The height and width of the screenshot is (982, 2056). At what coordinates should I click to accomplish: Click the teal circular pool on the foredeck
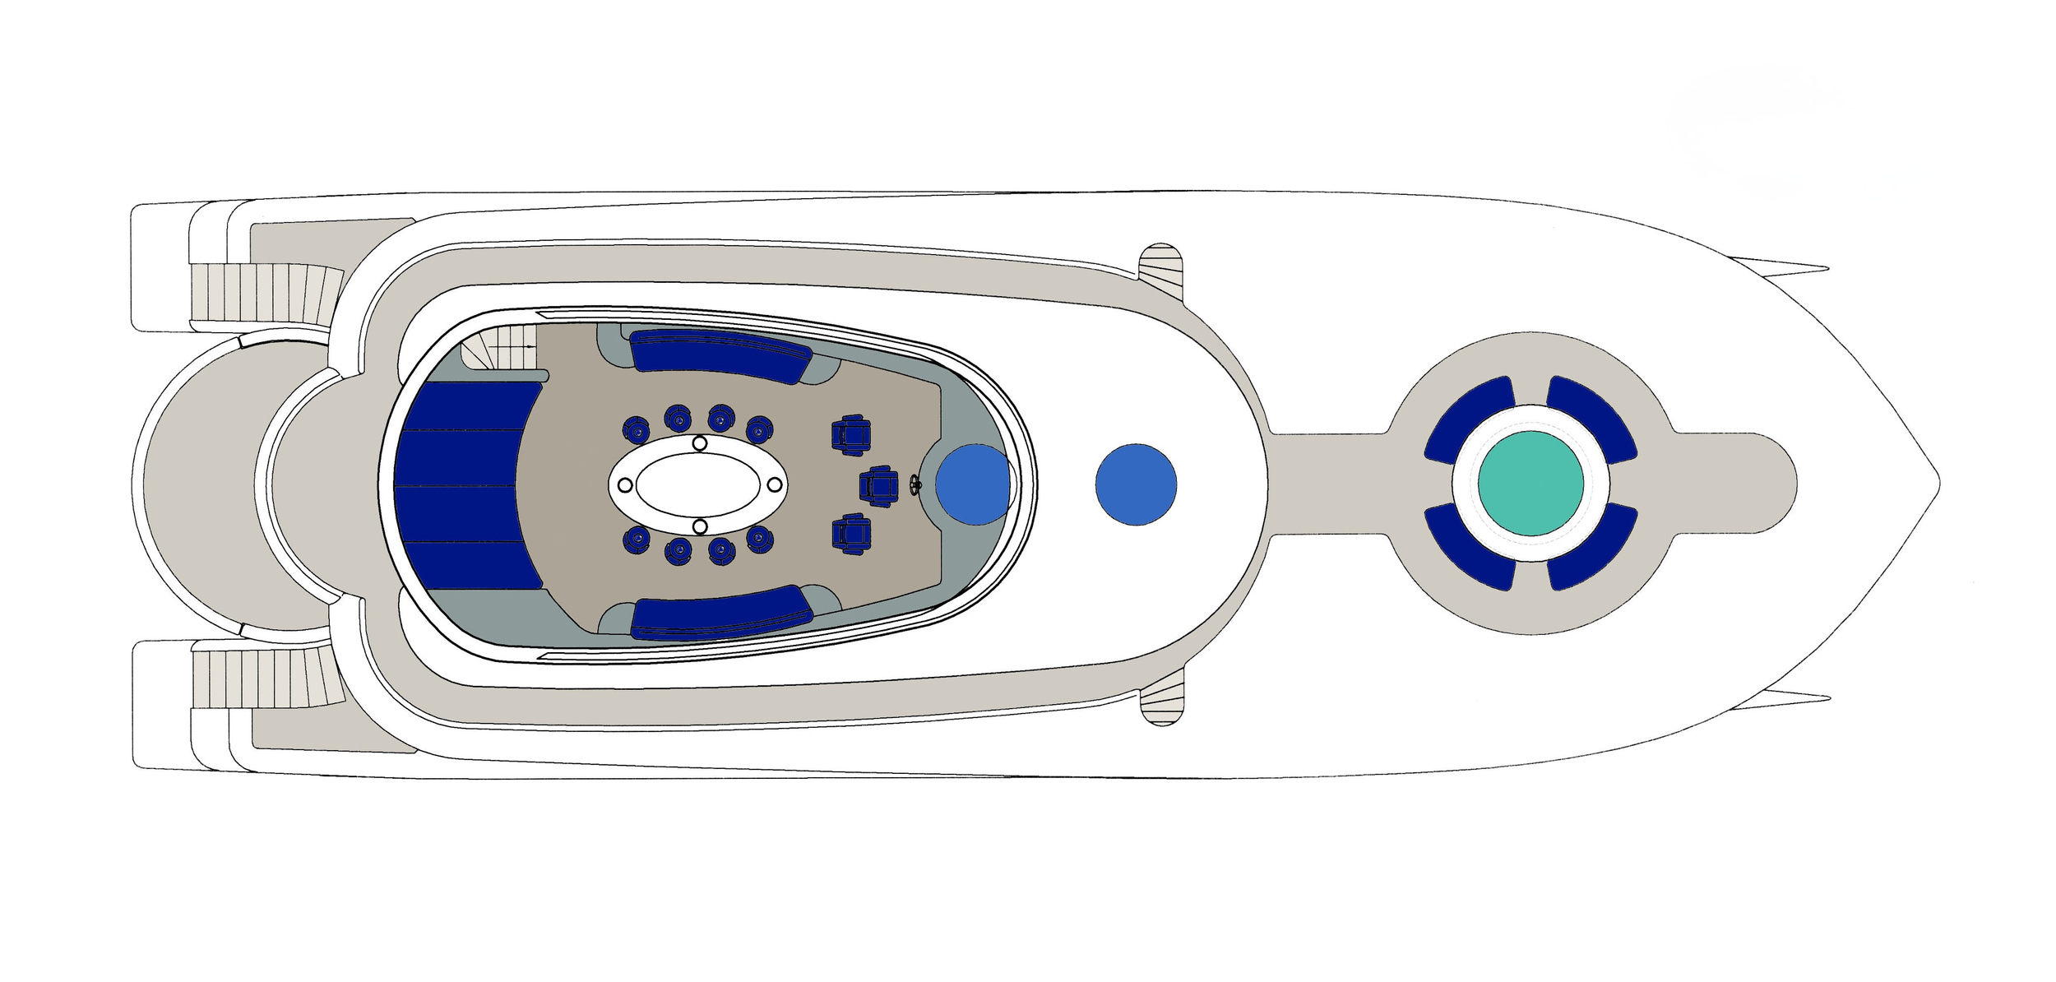[1530, 483]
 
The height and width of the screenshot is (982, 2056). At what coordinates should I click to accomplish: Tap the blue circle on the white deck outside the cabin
[1136, 484]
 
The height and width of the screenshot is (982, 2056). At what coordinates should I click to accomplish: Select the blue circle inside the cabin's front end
[973, 484]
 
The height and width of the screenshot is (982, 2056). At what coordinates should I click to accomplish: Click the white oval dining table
[698, 484]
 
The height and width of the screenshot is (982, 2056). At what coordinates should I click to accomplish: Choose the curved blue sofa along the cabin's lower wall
[721, 614]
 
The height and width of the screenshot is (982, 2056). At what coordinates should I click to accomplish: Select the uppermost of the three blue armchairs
[850, 436]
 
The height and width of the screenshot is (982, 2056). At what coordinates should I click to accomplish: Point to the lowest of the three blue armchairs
[850, 534]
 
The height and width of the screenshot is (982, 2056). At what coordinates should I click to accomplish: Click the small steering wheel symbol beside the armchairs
[915, 484]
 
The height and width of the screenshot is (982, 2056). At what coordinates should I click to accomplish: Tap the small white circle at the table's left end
[625, 484]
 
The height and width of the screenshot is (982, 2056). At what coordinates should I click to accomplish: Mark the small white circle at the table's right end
[774, 484]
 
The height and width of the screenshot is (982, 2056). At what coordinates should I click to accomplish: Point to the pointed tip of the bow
[1938, 484]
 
